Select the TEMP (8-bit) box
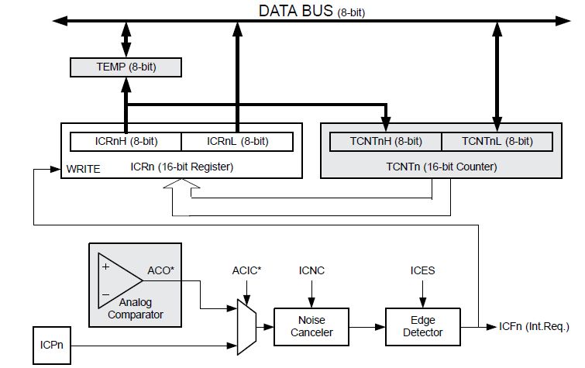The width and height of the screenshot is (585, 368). click(x=126, y=67)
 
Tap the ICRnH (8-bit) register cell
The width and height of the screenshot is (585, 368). click(x=126, y=141)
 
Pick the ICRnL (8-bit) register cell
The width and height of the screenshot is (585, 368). click(x=237, y=141)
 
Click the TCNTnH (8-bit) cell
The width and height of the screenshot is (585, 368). click(x=386, y=141)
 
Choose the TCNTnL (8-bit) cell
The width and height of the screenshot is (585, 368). click(x=497, y=141)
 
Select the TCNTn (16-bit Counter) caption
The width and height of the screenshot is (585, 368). click(x=440, y=167)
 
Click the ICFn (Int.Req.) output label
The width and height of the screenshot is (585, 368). click(x=524, y=326)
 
